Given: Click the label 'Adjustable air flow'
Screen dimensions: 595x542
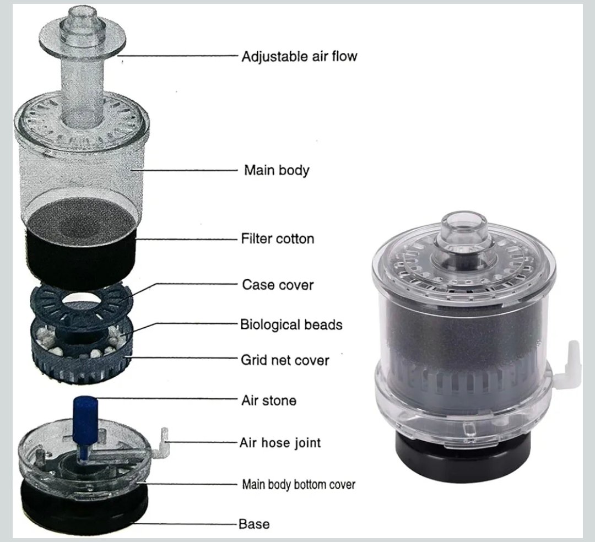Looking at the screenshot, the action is coord(299,57).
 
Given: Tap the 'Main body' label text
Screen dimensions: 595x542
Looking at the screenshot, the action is coord(277,170).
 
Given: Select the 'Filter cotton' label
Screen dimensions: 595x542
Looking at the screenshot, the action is coord(278,239).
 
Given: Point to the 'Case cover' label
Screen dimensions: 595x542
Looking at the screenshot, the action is coord(278,285).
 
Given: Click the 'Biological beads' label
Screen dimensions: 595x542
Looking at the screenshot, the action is coord(291,324).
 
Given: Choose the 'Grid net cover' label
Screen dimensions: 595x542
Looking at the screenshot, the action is coord(285,360).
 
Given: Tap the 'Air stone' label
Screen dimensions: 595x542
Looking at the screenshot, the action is coord(269,400).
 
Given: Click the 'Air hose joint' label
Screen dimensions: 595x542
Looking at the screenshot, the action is coord(280,443).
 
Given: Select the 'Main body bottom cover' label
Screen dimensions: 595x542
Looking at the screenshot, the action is coord(299,484).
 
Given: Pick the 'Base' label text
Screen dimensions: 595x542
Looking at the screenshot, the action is coord(254,524).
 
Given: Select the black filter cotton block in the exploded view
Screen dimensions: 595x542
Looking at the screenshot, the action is coord(82,247).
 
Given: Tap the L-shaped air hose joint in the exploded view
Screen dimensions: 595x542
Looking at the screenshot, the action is coord(161,441).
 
